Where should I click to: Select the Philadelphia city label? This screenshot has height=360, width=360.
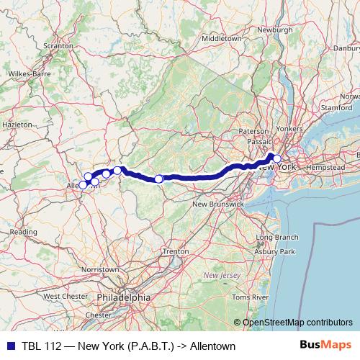125,297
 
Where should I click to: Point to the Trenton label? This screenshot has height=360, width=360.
176,251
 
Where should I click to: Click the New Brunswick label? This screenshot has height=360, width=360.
217,204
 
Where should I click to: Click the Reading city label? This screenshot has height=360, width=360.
23,232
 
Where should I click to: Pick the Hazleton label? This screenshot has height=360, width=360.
17,124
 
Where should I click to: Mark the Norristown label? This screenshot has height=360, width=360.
101,269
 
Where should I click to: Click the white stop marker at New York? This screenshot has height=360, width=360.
276,159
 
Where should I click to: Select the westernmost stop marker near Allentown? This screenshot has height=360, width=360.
82,185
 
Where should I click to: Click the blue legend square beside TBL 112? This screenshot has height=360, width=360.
8,346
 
